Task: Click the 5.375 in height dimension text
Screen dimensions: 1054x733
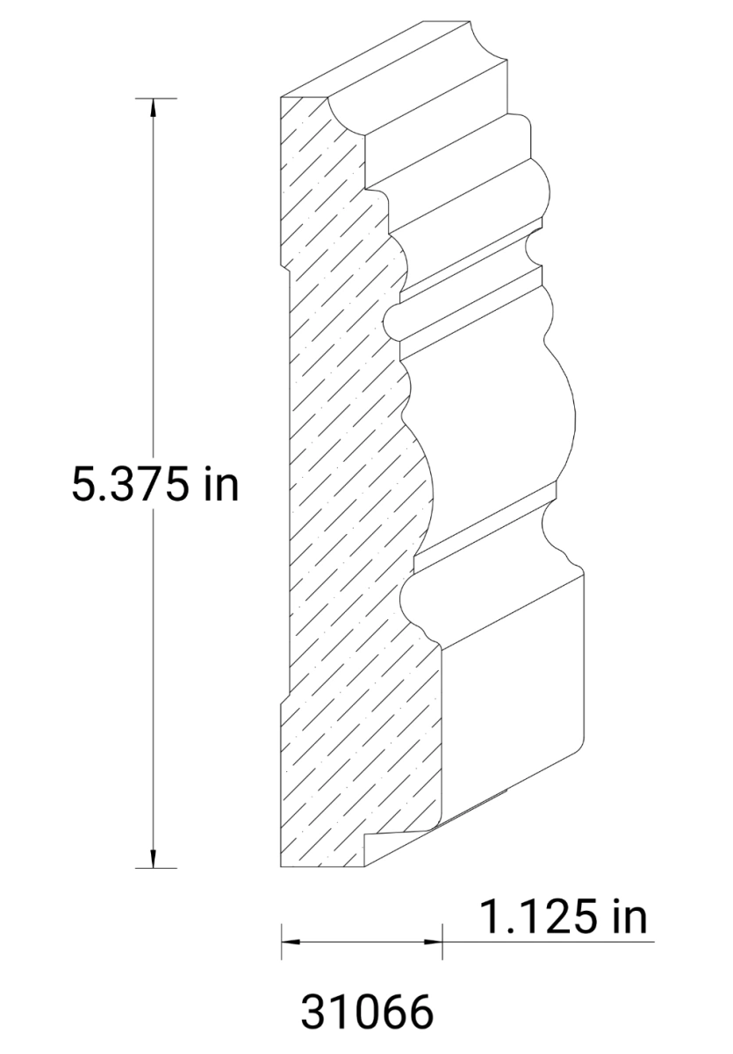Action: coord(155,484)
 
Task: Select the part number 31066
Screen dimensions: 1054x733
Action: coord(367,1013)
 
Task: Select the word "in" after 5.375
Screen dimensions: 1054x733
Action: coord(220,484)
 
